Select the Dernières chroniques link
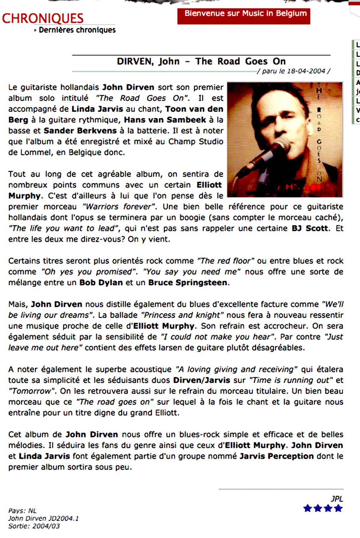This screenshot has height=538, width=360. tap(77, 30)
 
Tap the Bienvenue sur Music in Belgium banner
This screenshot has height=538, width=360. tap(244, 16)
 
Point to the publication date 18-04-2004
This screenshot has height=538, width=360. tap(306, 71)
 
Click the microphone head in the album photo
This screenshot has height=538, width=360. tap(281, 144)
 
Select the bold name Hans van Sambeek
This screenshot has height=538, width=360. tap(165, 120)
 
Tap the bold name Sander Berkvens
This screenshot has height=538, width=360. tap(80, 131)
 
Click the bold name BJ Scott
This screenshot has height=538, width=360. tap(310, 228)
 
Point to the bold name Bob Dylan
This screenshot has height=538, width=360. tap(101, 283)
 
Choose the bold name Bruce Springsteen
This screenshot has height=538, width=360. tap(188, 283)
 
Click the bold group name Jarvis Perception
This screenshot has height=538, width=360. tap(277, 456)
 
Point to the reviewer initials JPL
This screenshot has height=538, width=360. tap(337, 499)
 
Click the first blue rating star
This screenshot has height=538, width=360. tap(307, 509)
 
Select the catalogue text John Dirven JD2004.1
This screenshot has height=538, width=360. tap(43, 518)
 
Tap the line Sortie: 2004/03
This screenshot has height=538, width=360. tap(34, 526)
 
